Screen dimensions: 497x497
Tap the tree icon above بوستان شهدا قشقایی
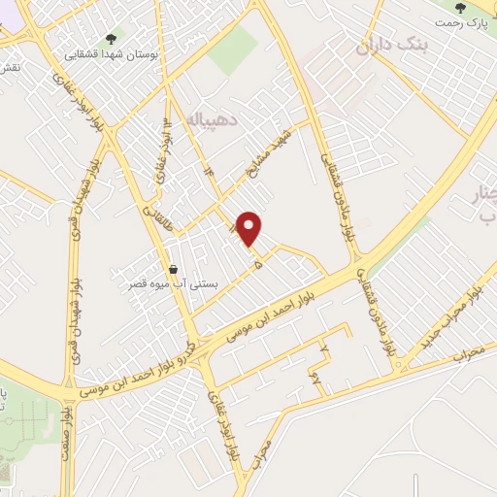[x=110, y=39]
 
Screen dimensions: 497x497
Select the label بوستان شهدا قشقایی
[x=110, y=54]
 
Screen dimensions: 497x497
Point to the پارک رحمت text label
[x=475, y=20]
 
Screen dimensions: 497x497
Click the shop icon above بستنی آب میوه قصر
[x=173, y=243]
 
